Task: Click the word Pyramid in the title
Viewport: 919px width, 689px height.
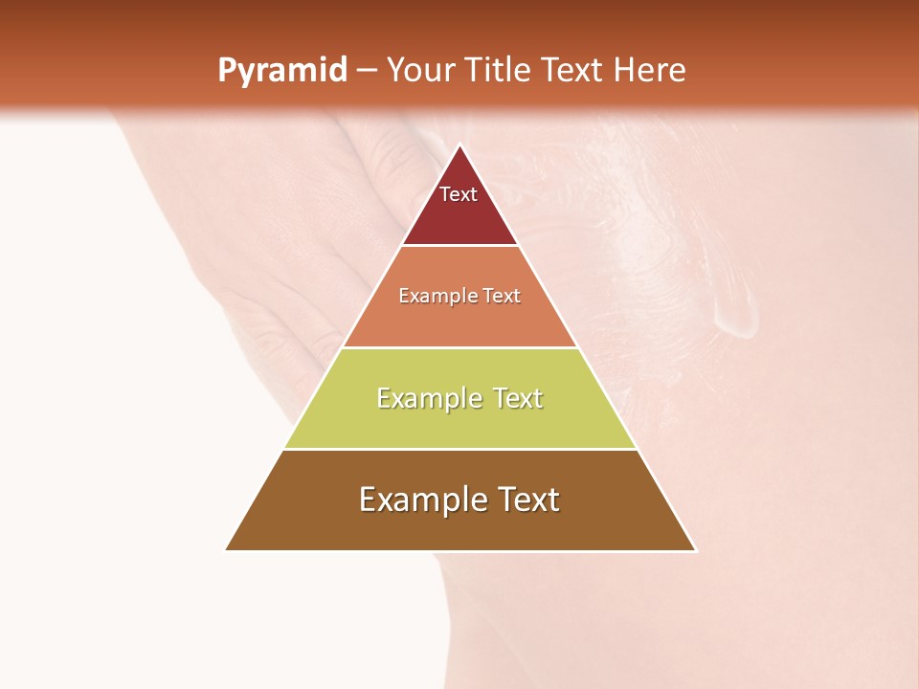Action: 281,71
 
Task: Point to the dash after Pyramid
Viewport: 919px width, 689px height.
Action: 366,71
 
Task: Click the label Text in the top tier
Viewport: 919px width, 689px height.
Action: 459,194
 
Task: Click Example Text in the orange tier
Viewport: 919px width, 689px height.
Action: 459,296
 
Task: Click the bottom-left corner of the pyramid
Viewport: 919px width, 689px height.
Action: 227,549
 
